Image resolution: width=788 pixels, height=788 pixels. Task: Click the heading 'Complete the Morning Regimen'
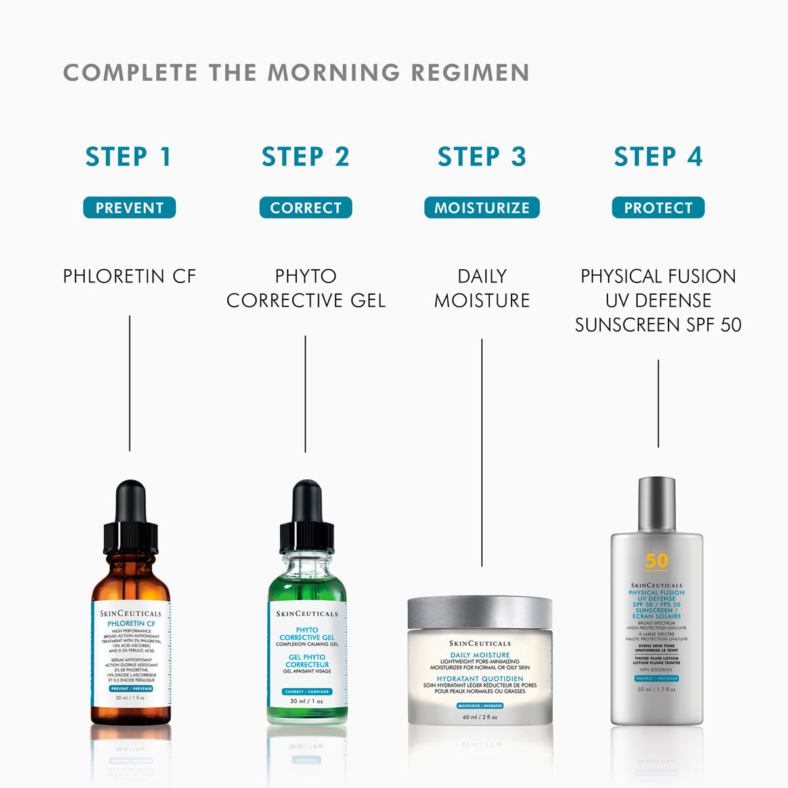pos(296,73)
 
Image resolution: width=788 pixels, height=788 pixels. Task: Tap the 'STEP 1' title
pos(129,157)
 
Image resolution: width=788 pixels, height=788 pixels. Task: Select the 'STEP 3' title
pos(482,157)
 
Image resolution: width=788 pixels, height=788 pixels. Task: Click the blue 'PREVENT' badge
pos(129,208)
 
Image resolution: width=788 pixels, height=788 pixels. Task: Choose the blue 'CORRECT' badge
pos(306,208)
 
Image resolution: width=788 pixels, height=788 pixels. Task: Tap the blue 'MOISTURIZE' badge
pos(482,208)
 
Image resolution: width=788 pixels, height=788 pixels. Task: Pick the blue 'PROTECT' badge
pos(658,208)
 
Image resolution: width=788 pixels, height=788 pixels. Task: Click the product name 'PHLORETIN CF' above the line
pos(129,276)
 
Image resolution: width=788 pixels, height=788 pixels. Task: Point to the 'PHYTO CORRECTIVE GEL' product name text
pos(306,288)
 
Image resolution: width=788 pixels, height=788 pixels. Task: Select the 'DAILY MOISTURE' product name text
pos(482,288)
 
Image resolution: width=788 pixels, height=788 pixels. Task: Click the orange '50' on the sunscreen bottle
pos(657,561)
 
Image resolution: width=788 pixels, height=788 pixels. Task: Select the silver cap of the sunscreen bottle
pos(657,504)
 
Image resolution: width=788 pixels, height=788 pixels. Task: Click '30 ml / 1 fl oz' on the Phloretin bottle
pos(130,697)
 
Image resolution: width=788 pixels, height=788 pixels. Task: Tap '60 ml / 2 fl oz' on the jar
pos(480,717)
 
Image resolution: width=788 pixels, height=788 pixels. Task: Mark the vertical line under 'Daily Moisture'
pos(482,453)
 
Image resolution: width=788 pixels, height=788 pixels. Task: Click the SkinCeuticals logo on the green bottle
pos(307,614)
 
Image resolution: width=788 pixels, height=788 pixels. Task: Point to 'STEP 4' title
pos(658,157)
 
